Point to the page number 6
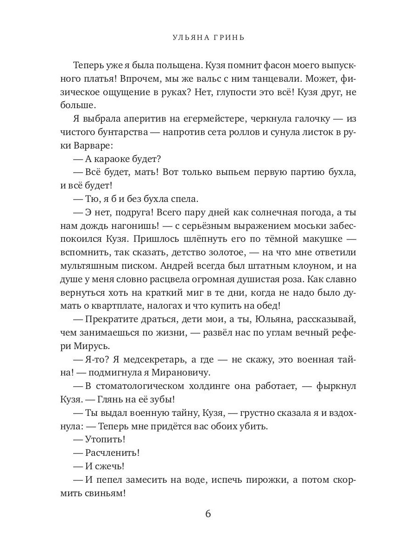pos(208,514)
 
